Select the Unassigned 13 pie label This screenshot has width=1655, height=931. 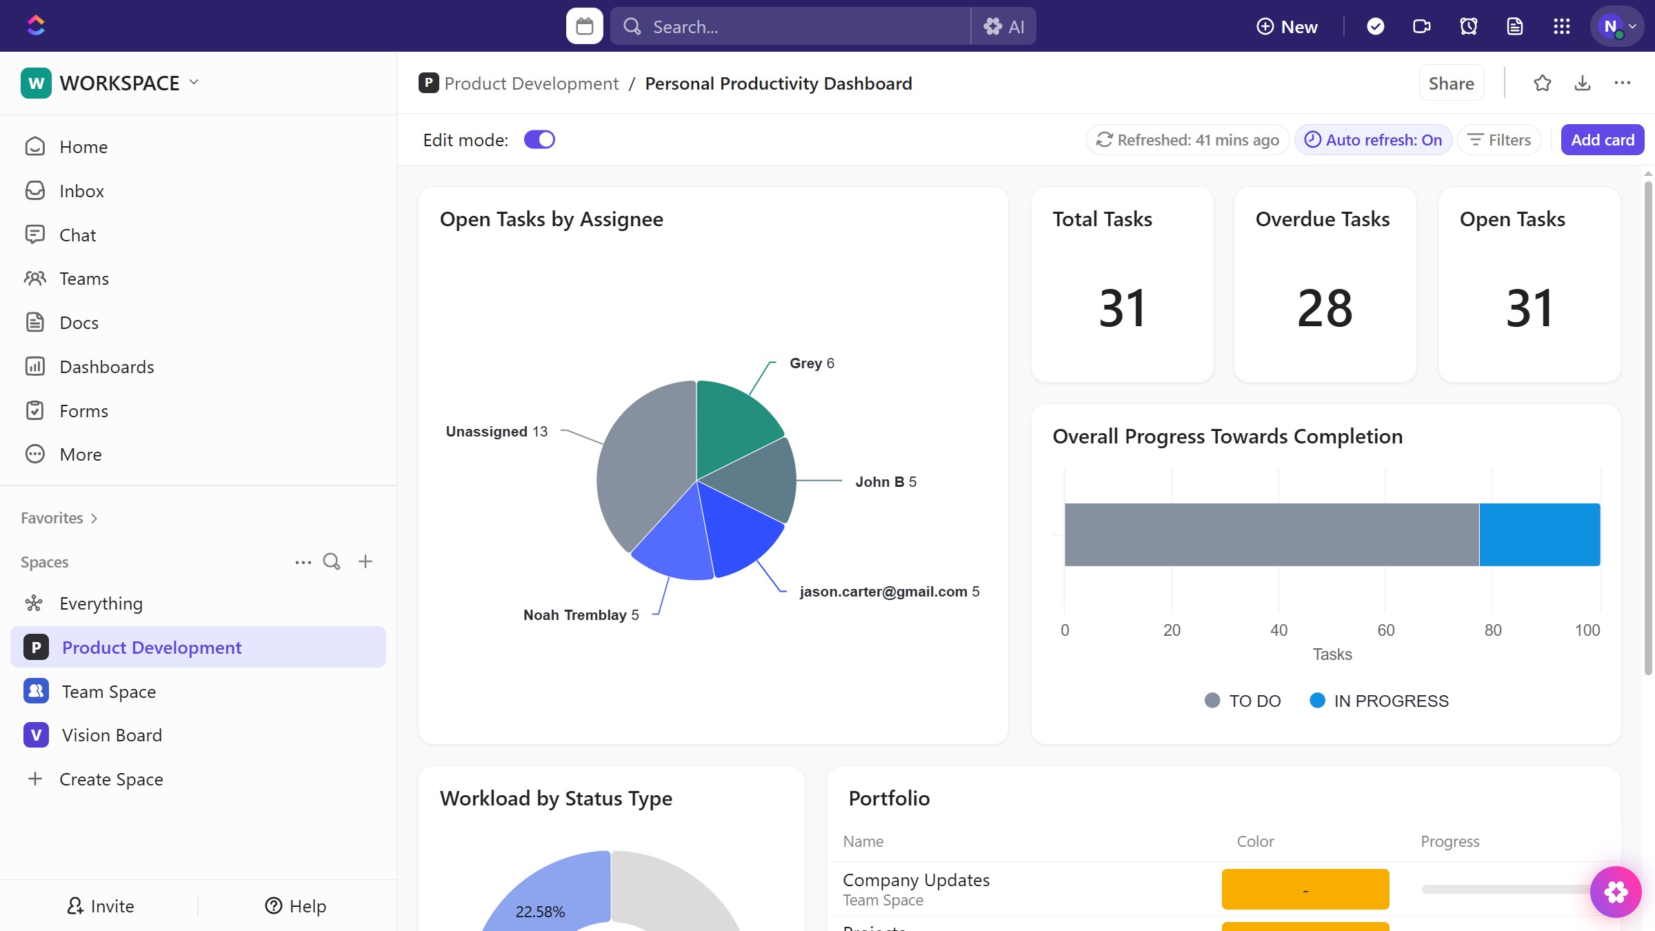(496, 432)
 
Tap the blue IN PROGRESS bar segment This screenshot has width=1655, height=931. (1539, 534)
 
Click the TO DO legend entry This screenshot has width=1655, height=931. (1243, 701)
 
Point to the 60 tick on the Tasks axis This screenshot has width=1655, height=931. (1385, 630)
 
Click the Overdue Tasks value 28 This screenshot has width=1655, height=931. (1325, 308)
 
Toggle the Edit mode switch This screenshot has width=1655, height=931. (539, 140)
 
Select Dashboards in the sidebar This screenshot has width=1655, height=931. (106, 367)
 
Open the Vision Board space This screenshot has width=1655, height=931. (112, 735)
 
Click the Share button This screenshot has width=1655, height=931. (1451, 83)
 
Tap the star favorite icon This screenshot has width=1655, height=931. (1543, 83)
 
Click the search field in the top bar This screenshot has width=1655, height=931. (790, 26)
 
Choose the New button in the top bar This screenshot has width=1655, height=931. (1287, 26)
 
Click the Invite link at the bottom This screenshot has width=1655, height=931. (101, 906)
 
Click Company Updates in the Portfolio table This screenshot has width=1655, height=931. (916, 881)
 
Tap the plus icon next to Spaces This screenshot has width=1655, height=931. (365, 561)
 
